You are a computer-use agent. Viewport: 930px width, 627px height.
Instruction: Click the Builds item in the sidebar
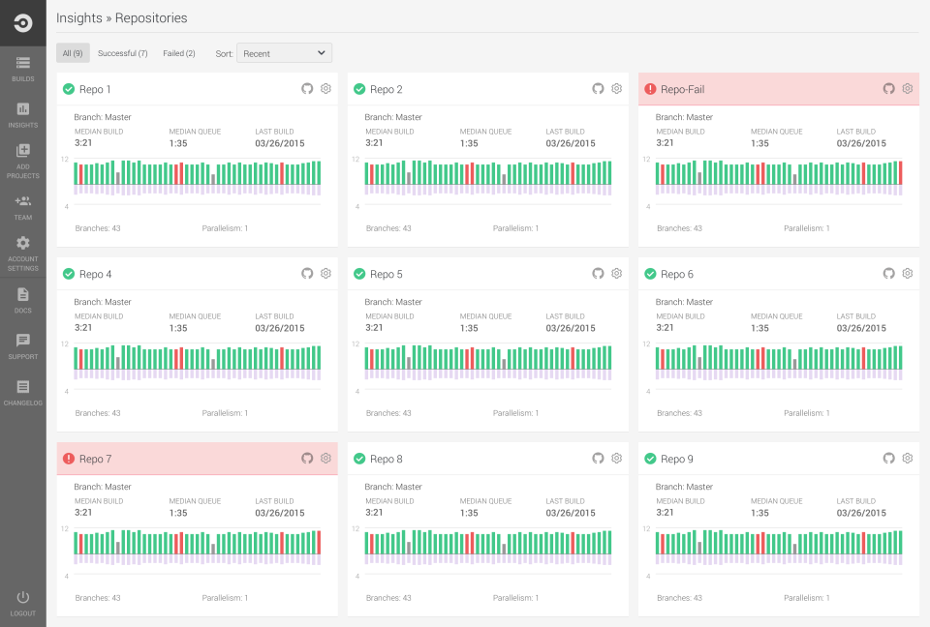[22, 69]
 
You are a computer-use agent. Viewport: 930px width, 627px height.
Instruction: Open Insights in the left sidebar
[22, 115]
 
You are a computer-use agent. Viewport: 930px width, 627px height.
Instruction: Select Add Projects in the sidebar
[22, 161]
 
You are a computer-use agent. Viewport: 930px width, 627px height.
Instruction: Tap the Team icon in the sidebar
[22, 207]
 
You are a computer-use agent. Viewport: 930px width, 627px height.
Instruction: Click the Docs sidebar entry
[22, 300]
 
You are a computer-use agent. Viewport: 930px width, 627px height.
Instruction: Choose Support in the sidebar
[22, 345]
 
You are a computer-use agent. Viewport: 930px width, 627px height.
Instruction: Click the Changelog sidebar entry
[22, 392]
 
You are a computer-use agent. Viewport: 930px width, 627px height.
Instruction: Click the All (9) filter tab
[73, 53]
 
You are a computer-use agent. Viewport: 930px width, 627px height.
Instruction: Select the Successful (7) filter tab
[123, 53]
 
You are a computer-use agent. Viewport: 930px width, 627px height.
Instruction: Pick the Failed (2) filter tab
[179, 53]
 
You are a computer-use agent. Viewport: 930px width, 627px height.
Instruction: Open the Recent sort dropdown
[284, 53]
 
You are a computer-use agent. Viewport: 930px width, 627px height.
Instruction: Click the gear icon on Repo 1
[326, 89]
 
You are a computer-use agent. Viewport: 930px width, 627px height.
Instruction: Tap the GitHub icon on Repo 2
[598, 89]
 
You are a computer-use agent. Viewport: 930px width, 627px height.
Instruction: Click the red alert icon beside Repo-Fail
[650, 89]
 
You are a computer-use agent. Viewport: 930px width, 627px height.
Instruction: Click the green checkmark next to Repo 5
[359, 274]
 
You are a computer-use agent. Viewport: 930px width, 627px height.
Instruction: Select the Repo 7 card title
[96, 459]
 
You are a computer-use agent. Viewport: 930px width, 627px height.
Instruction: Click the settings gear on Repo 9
[908, 459]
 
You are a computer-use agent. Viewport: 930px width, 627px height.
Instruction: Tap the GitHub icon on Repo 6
[888, 274]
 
